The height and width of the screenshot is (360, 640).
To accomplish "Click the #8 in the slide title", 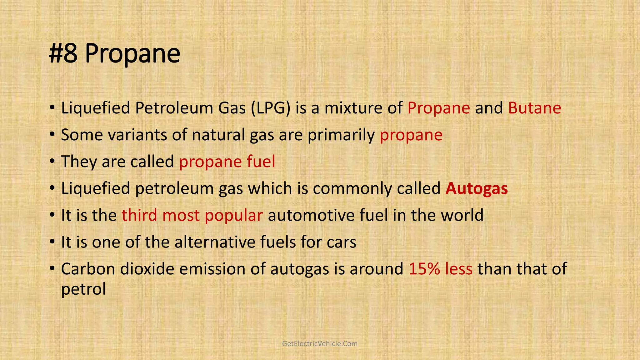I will tap(63, 54).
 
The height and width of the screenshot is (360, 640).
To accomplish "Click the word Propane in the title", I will tap(132, 54).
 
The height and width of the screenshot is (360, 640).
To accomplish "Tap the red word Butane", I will tap(534, 108).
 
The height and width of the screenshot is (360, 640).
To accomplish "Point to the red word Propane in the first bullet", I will tap(438, 108).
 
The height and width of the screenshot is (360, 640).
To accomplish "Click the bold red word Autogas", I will tap(477, 188).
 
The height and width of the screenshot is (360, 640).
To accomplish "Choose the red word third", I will tap(139, 215).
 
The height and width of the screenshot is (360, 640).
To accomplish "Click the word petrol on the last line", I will tap(83, 289).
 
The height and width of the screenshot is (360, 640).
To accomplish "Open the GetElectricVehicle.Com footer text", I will tap(320, 344).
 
